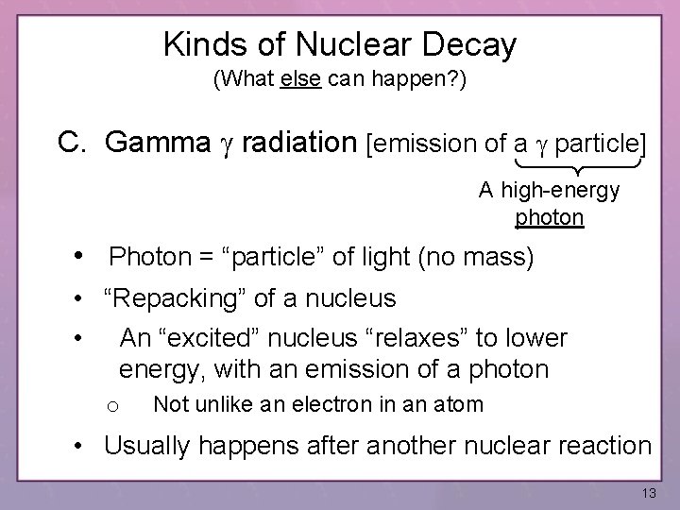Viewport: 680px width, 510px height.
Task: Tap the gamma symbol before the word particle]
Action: click(x=542, y=144)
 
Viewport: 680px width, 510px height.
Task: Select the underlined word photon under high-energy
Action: click(x=549, y=218)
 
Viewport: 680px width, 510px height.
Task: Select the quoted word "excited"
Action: click(x=223, y=337)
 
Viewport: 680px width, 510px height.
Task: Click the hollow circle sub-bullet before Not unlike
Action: click(x=111, y=406)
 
